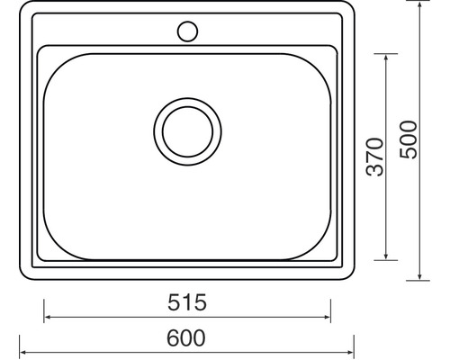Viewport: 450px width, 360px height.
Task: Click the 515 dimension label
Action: (x=186, y=303)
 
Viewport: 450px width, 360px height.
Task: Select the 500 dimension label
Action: (x=409, y=139)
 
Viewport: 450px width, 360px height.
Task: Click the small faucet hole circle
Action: (x=187, y=31)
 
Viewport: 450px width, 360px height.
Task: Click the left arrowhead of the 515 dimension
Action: (x=48, y=317)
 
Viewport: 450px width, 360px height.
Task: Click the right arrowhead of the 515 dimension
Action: (x=327, y=317)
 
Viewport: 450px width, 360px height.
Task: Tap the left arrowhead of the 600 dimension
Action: (x=23, y=351)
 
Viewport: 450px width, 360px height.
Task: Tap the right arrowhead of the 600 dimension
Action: (x=354, y=351)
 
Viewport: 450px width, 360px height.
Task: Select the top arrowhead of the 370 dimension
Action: (x=388, y=57)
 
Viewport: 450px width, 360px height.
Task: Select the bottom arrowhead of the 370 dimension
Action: (x=388, y=257)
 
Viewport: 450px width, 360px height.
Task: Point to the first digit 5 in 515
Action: (x=173, y=303)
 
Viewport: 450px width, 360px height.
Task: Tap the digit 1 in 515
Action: (x=186, y=303)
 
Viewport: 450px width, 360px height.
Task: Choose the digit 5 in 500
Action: (x=409, y=154)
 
